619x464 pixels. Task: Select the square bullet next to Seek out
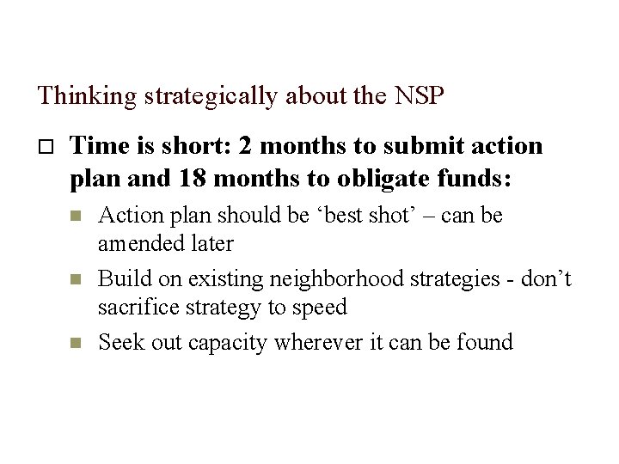74,343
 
